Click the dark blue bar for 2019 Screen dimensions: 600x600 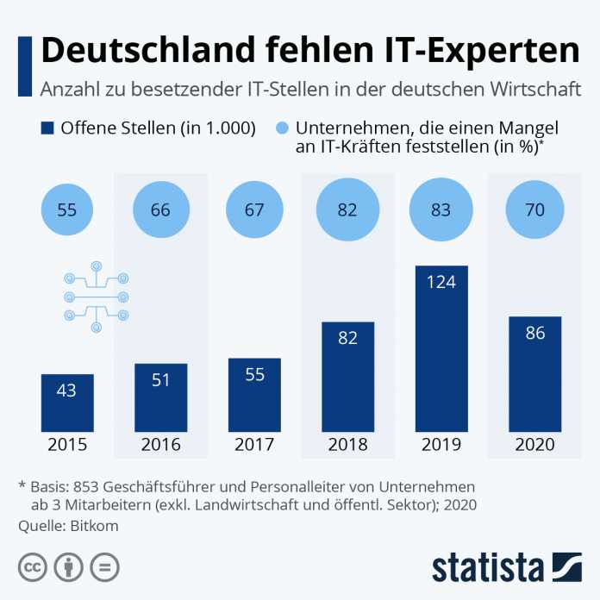[x=441, y=348]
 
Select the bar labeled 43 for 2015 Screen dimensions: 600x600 [x=67, y=403]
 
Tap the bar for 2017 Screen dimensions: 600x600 [x=254, y=395]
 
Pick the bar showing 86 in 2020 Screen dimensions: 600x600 [x=534, y=373]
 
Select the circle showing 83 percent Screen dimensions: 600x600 [x=441, y=209]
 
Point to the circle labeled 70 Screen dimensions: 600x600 [x=534, y=209]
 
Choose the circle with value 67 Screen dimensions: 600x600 [x=254, y=209]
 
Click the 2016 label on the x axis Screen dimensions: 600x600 [x=161, y=446]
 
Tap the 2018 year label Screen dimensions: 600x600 [x=347, y=446]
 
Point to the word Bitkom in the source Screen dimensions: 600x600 [x=93, y=525]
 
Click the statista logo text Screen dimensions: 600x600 [x=487, y=567]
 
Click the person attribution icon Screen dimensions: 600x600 [x=67, y=566]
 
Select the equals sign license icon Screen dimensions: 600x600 [x=104, y=566]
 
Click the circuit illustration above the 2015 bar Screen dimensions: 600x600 [x=96, y=297]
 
